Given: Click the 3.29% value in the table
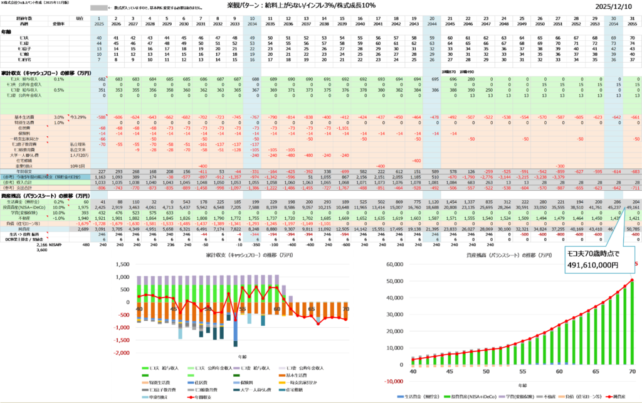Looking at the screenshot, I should [x=78, y=117].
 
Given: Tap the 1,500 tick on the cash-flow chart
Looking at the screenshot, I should [x=124, y=264].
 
